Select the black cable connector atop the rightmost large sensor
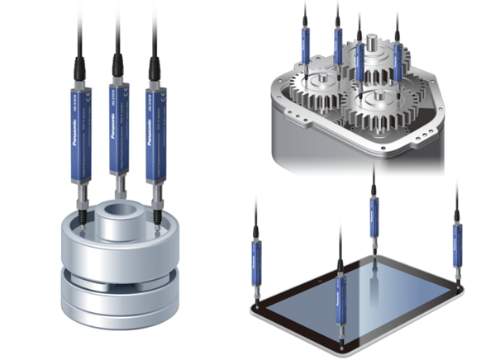click(x=153, y=66)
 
